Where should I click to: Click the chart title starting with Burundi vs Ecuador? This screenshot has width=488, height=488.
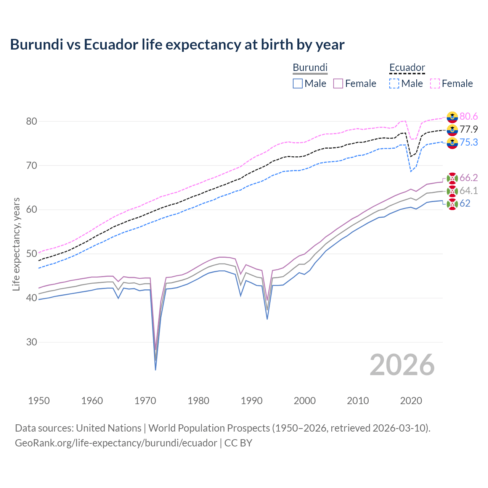(x=177, y=45)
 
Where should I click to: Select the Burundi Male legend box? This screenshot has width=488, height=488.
(x=298, y=83)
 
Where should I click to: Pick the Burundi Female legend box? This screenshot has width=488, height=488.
(x=338, y=83)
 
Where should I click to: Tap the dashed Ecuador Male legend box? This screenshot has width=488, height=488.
(x=394, y=83)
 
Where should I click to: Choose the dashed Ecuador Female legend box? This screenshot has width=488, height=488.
(x=435, y=83)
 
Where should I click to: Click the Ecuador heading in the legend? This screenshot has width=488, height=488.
(x=407, y=68)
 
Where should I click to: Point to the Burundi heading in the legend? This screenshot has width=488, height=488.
(x=310, y=67)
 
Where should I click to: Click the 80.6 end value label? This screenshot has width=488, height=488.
(x=469, y=116)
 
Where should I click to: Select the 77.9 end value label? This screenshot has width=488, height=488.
(x=469, y=129)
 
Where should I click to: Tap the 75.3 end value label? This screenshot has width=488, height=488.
(x=469, y=142)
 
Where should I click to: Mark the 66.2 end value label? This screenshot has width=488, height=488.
(x=469, y=178)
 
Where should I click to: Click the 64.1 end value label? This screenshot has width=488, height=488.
(x=469, y=191)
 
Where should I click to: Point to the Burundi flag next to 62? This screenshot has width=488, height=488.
(x=452, y=204)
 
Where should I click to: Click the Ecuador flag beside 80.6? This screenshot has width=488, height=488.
(x=452, y=117)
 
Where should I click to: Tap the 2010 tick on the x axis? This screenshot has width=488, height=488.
(x=358, y=401)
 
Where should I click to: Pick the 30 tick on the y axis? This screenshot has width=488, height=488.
(x=32, y=342)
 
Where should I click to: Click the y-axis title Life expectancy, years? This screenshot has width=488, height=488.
(x=16, y=244)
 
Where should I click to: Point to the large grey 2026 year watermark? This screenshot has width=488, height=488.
(x=402, y=365)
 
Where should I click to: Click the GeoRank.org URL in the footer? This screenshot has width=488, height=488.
(x=116, y=443)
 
